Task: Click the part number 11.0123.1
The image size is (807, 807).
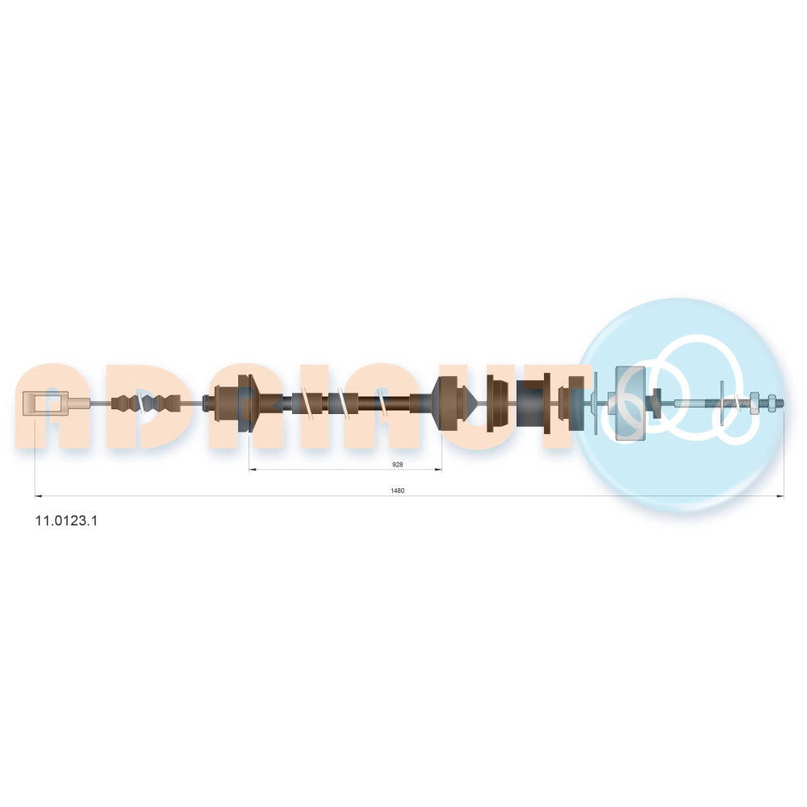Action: [66, 521]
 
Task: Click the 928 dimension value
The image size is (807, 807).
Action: [397, 464]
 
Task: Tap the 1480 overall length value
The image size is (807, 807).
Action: [397, 491]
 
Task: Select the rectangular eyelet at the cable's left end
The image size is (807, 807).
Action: [45, 402]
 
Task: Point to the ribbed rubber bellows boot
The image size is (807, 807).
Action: [146, 403]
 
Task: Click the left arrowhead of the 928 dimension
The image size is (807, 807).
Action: [252, 470]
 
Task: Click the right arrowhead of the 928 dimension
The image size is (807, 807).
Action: [438, 470]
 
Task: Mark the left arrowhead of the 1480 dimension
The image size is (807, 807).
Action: [38, 496]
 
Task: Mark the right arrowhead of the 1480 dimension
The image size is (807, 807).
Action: [780, 496]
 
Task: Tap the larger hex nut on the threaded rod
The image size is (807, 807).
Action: [755, 402]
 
